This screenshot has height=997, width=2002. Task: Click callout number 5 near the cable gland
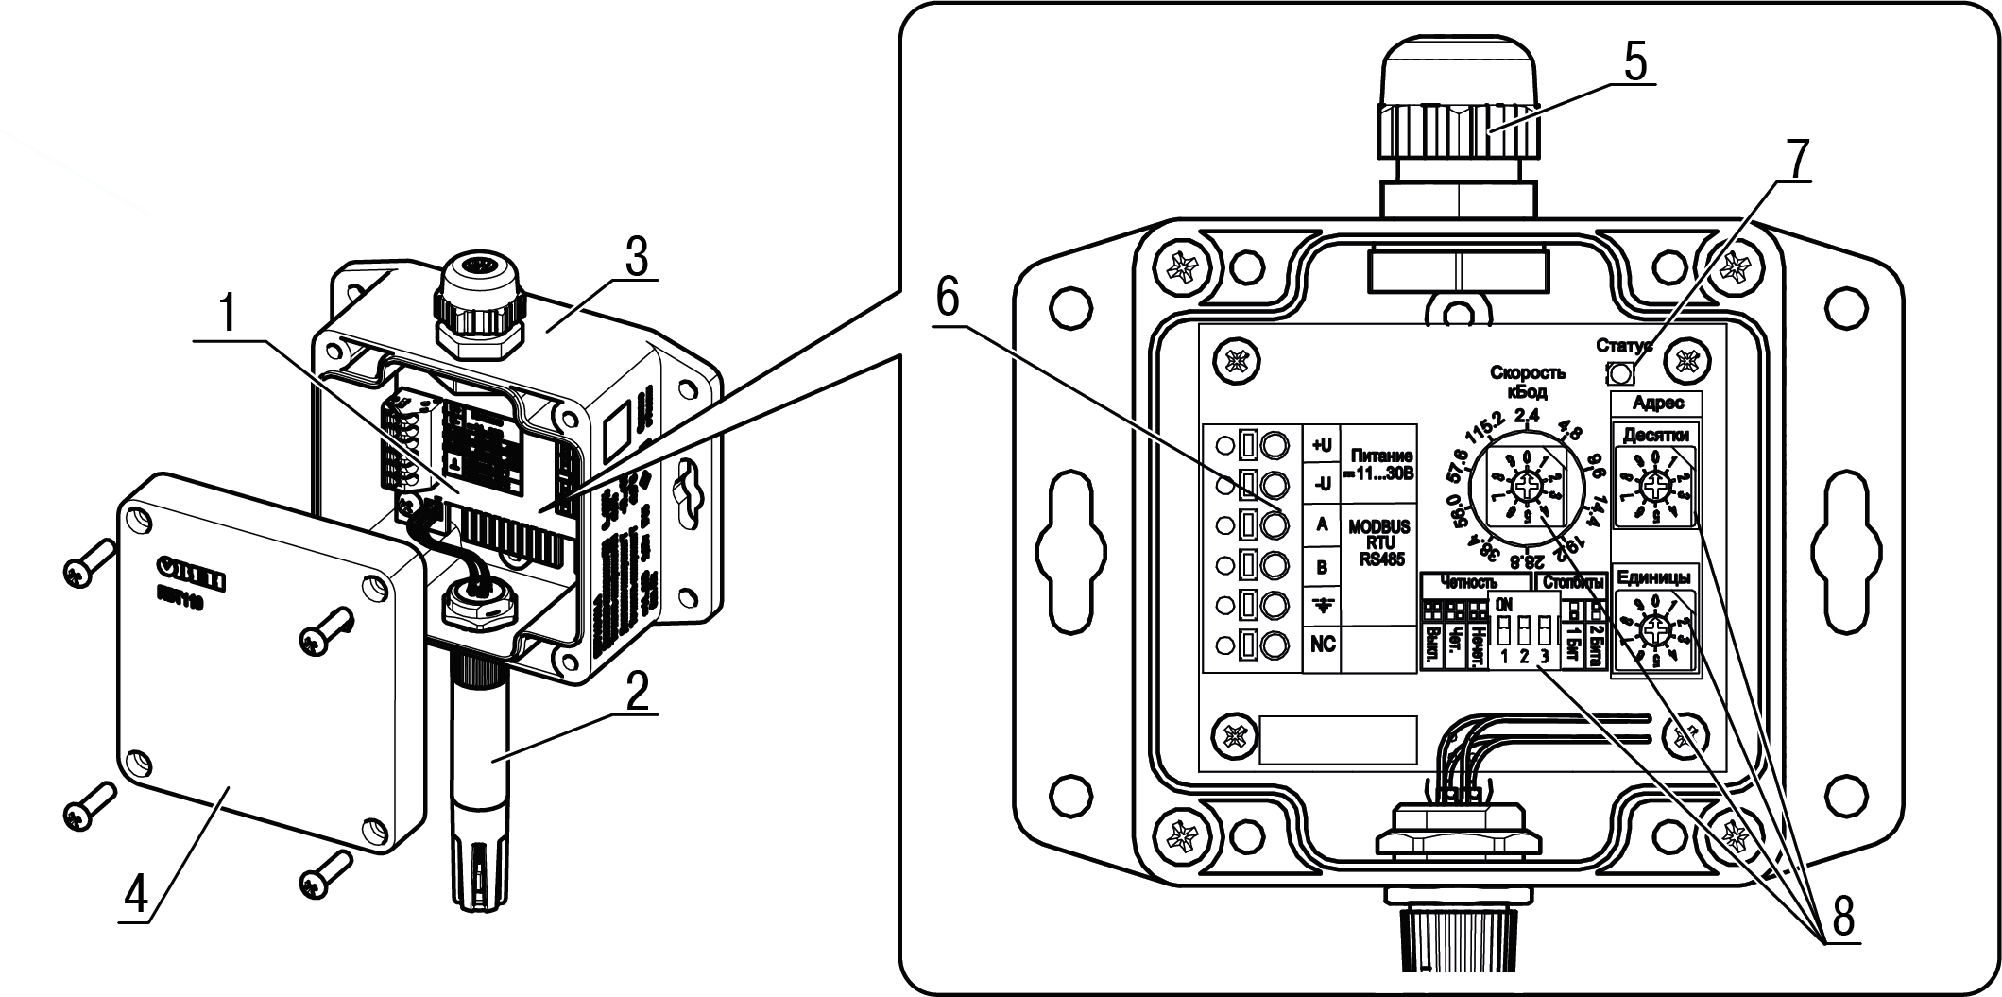click(1636, 61)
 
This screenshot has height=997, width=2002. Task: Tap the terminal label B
click(1322, 566)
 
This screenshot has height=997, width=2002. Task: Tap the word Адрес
click(1657, 403)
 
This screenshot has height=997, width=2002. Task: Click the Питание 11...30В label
click(1378, 465)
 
